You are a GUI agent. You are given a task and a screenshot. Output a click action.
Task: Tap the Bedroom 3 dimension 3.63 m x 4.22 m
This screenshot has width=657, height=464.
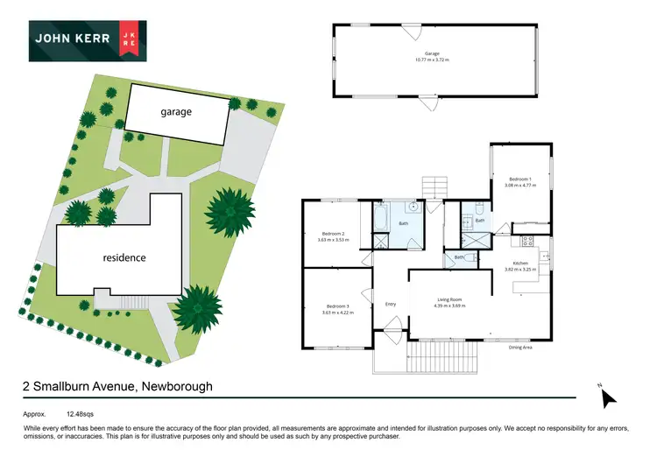[x=337, y=313]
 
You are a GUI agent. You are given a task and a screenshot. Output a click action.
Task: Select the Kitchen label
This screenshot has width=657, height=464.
[x=520, y=264]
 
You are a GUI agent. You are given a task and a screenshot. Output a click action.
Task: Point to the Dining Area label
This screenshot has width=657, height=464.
[x=521, y=348]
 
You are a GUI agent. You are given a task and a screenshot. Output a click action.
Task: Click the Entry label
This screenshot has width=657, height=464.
[x=391, y=304]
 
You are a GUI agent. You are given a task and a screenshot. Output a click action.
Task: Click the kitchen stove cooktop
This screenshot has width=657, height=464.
[x=527, y=240]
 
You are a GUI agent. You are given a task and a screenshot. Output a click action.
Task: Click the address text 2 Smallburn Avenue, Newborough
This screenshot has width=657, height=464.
[x=117, y=386]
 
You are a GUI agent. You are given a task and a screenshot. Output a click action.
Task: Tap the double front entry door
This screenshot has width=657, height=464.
[x=391, y=332]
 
